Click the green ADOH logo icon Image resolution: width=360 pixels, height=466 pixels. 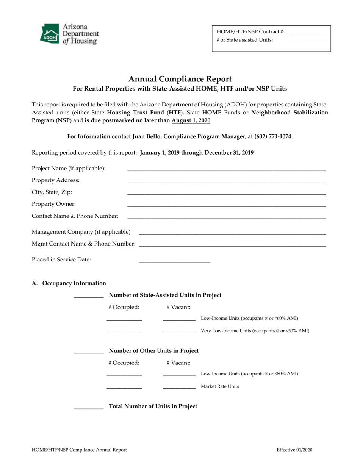(49, 34)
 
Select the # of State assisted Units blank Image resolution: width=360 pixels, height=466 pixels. (306, 41)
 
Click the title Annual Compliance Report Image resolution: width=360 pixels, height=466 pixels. (180, 79)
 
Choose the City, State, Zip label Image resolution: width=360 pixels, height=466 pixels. (52, 192)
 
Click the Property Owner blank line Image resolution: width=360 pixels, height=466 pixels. (226, 205)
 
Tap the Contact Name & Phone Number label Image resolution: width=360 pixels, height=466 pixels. (75, 216)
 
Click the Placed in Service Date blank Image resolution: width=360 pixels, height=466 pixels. (175, 261)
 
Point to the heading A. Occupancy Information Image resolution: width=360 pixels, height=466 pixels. (69, 283)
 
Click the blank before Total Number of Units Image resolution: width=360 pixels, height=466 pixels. (89, 408)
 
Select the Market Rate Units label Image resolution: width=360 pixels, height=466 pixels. (220, 386)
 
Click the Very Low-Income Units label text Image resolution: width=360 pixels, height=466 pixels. (255, 331)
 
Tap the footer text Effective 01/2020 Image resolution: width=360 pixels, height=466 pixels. (294, 450)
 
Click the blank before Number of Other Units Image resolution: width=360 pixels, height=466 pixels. (89, 353)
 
